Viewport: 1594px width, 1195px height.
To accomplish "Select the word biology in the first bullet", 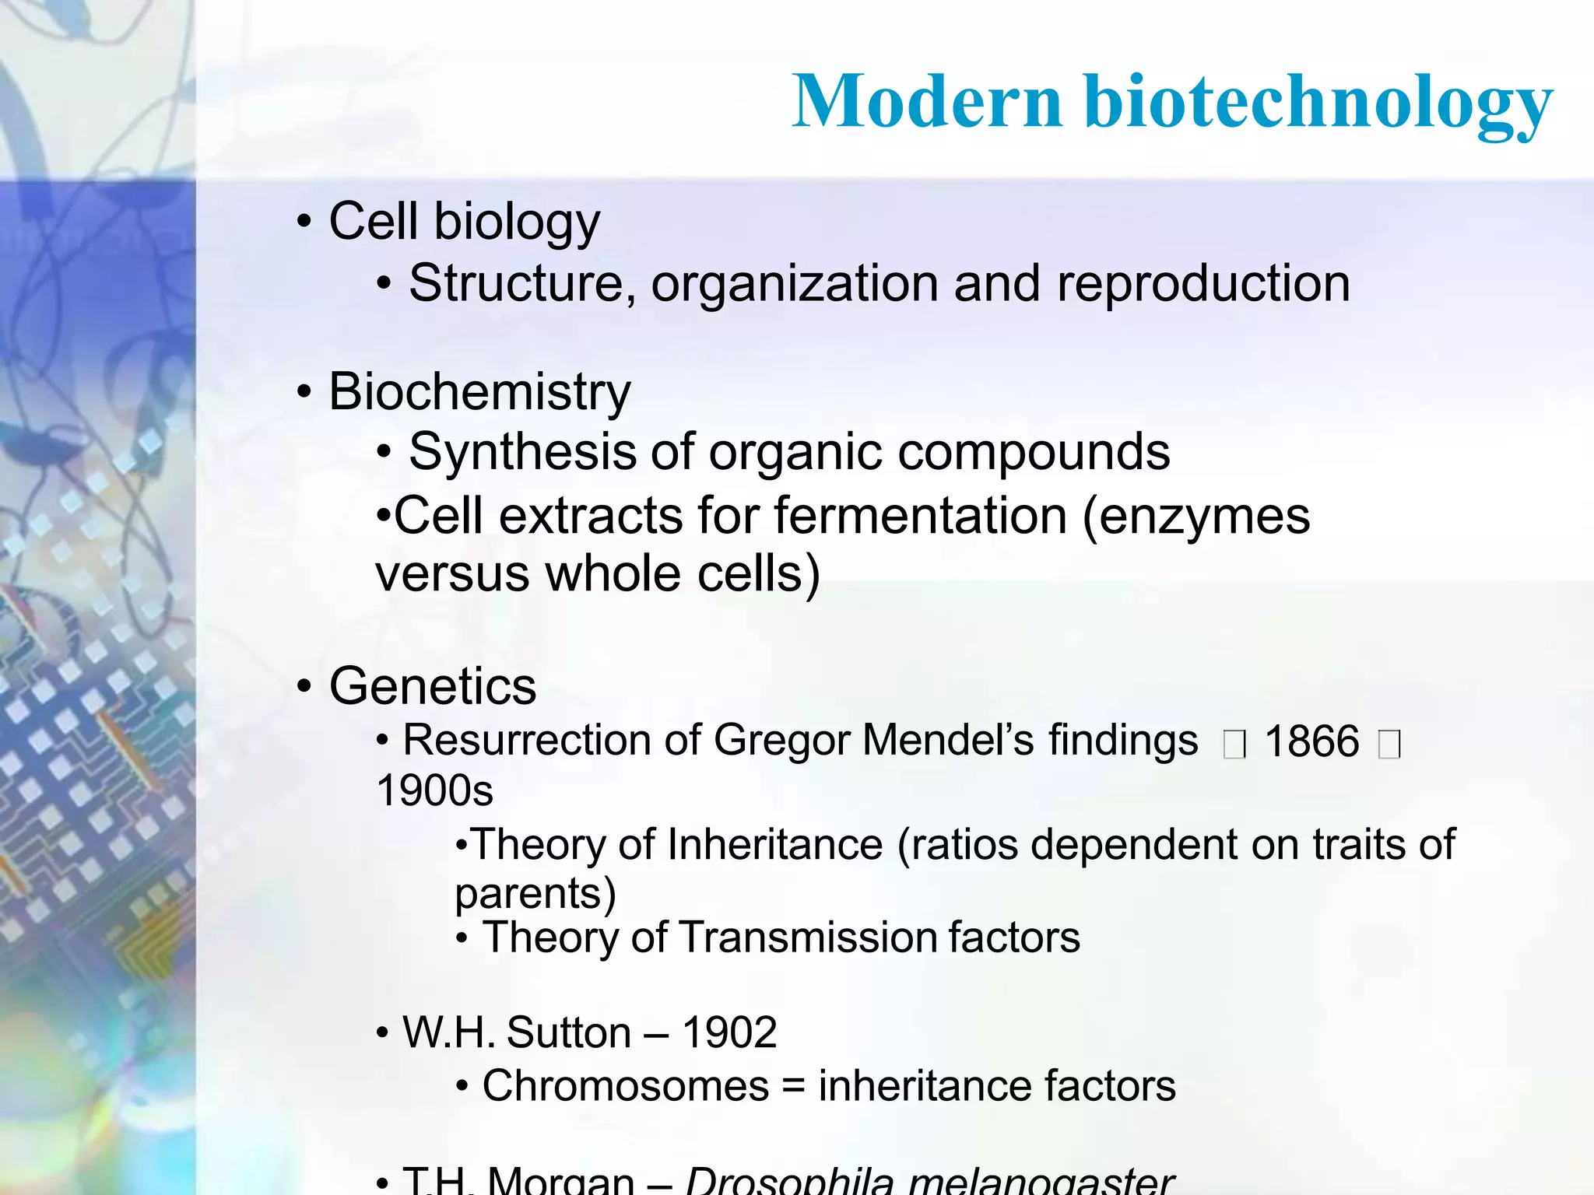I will (x=517, y=223).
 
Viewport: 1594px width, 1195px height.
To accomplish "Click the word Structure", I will (x=522, y=283).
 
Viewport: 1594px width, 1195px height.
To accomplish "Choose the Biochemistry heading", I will (x=479, y=391).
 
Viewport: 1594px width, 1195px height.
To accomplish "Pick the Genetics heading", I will (x=433, y=686).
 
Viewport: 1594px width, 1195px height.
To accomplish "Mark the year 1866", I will (x=1311, y=741).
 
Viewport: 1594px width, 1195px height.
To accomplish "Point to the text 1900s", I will (x=434, y=790).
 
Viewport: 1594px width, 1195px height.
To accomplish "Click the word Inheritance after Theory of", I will (x=774, y=845).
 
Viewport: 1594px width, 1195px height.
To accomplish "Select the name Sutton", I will (x=568, y=1033).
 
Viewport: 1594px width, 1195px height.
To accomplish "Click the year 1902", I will (x=729, y=1033).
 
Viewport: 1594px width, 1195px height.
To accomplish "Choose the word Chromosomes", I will (x=626, y=1086).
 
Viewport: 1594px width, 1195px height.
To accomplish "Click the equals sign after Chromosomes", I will (x=793, y=1087).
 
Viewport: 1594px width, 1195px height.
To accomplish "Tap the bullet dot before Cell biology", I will (x=304, y=223).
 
